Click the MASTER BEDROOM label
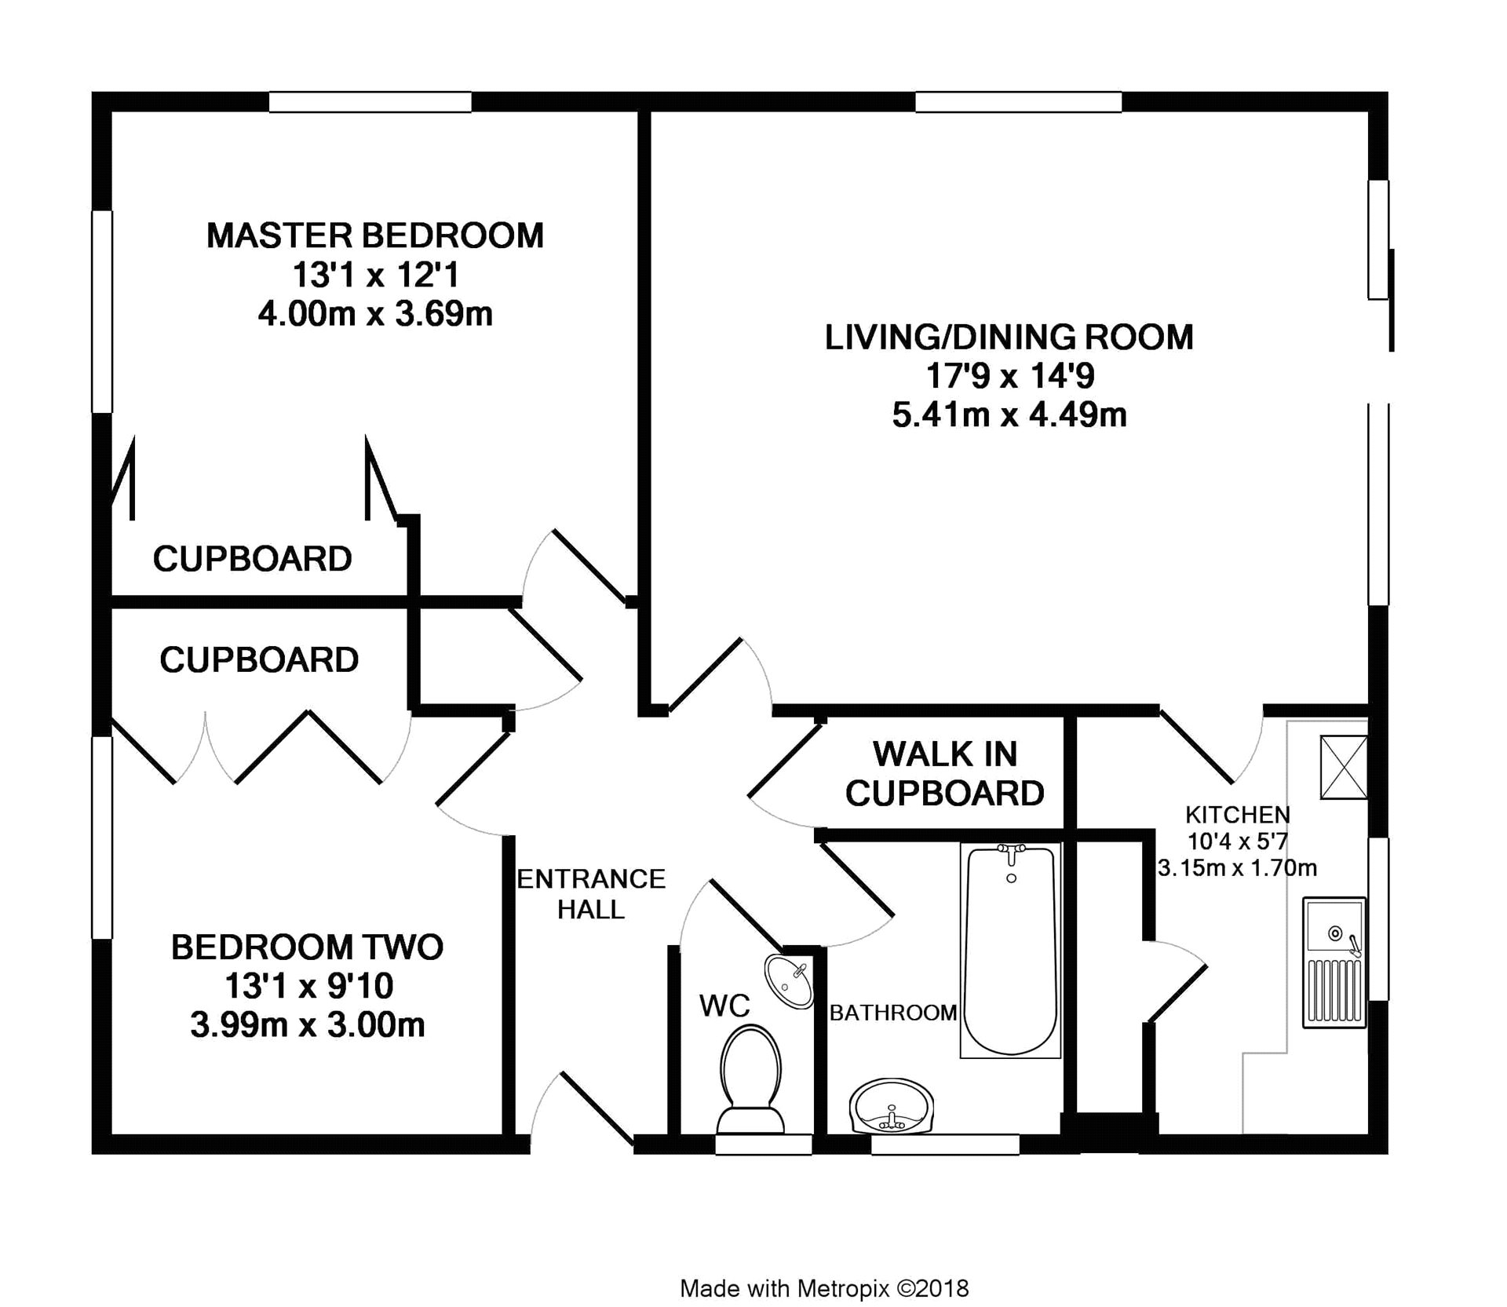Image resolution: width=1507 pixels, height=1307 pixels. [374, 235]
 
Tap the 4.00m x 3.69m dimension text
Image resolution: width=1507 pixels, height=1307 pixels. [375, 314]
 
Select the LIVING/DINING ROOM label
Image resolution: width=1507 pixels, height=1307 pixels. [1009, 337]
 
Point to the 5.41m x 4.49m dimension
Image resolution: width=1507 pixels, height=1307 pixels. [1009, 414]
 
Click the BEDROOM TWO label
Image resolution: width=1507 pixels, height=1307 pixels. [307, 947]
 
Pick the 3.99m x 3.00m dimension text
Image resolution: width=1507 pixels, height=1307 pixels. [307, 1025]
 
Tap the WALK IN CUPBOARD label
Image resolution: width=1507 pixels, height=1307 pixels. [945, 774]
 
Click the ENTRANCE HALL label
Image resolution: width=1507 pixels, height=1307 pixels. [591, 894]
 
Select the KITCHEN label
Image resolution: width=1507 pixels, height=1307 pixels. [1238, 814]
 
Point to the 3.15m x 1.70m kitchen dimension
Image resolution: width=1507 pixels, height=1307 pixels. [1238, 868]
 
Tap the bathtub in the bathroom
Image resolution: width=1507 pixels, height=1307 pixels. [1011, 951]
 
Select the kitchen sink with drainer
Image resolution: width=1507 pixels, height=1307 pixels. [1334, 963]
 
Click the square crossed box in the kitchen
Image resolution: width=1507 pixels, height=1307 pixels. [1344, 767]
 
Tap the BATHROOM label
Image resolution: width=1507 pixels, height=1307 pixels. [893, 1013]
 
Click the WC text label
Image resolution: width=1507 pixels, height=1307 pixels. [725, 1006]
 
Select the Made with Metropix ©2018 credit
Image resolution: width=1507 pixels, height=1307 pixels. [825, 1289]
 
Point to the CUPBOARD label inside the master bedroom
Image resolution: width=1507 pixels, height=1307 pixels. [252, 559]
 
